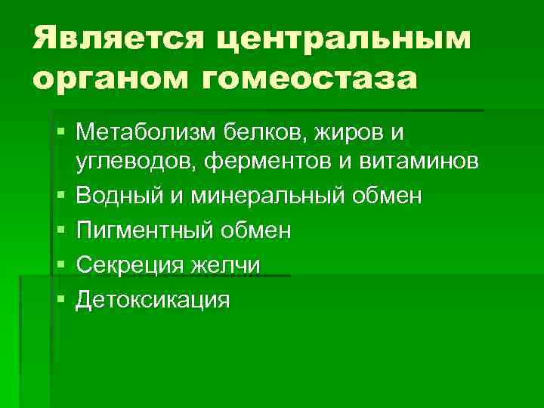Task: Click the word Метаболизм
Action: [x=144, y=133]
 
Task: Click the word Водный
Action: [x=115, y=196]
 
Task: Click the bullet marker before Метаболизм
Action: [x=60, y=133]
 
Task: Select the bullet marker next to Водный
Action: [x=60, y=196]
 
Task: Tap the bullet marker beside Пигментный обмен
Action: [x=60, y=230]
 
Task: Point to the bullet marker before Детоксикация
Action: [x=60, y=300]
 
